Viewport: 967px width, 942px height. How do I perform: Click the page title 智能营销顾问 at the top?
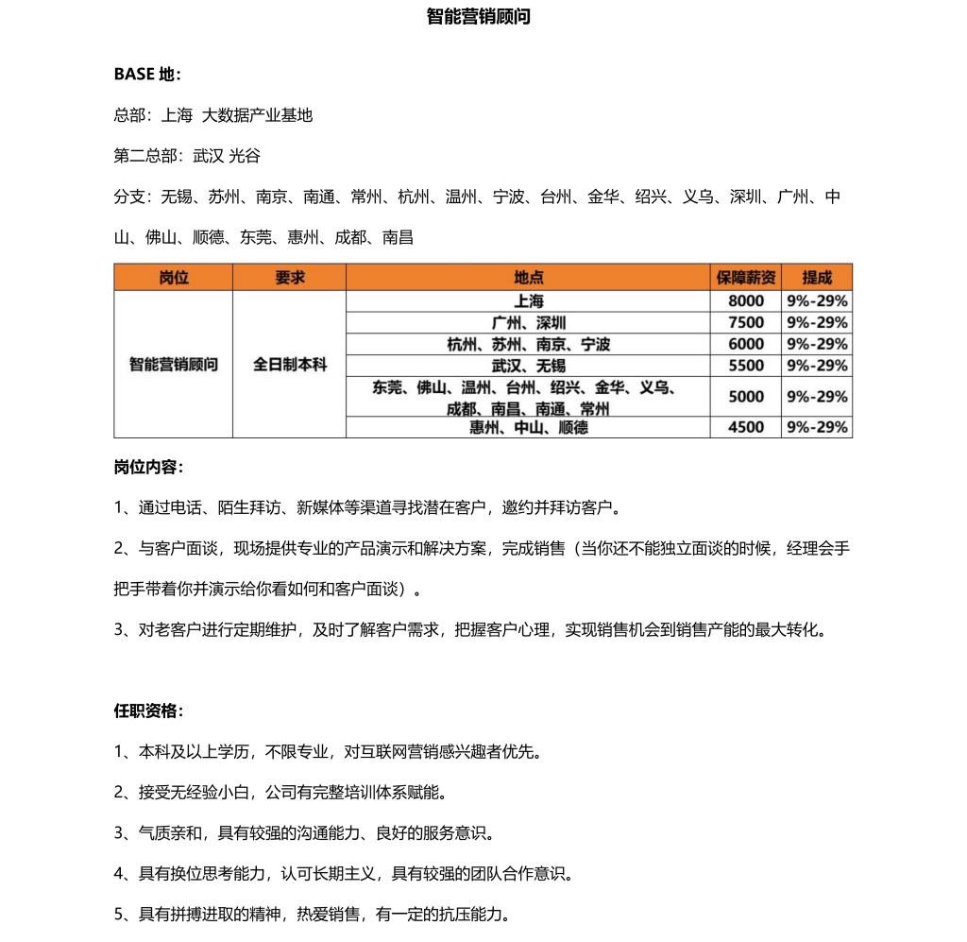click(x=478, y=17)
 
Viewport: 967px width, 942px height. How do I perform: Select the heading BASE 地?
click(x=147, y=74)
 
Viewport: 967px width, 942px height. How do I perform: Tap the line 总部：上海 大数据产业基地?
click(x=213, y=115)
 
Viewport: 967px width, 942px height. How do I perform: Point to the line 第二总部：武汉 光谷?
click(x=187, y=156)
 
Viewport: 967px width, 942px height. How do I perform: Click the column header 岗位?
click(x=173, y=277)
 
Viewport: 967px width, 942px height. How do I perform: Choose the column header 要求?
click(x=289, y=277)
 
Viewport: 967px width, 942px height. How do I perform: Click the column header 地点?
click(x=528, y=277)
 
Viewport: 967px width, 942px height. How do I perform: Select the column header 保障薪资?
click(x=745, y=277)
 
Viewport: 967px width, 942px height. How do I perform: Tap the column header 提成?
click(x=817, y=277)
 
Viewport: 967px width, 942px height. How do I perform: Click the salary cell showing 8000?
click(x=745, y=301)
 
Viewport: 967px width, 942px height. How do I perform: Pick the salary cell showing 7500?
click(x=745, y=323)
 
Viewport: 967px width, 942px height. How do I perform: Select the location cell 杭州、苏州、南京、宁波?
click(x=528, y=345)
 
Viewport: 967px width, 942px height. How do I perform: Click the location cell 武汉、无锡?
click(x=528, y=366)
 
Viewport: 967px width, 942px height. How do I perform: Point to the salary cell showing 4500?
click(x=745, y=427)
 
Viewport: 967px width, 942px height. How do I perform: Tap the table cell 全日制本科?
click(x=289, y=364)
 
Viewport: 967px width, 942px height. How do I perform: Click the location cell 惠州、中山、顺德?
click(x=528, y=427)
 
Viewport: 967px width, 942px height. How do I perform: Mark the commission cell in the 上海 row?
click(x=817, y=301)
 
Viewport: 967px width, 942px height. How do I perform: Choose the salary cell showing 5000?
click(x=745, y=397)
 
